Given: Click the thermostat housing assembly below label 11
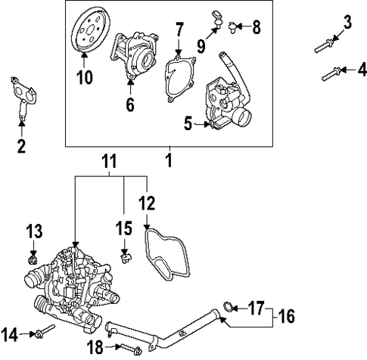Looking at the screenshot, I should click(72, 284).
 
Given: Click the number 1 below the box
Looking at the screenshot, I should click(170, 160).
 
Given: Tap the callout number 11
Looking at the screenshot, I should click(110, 160).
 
